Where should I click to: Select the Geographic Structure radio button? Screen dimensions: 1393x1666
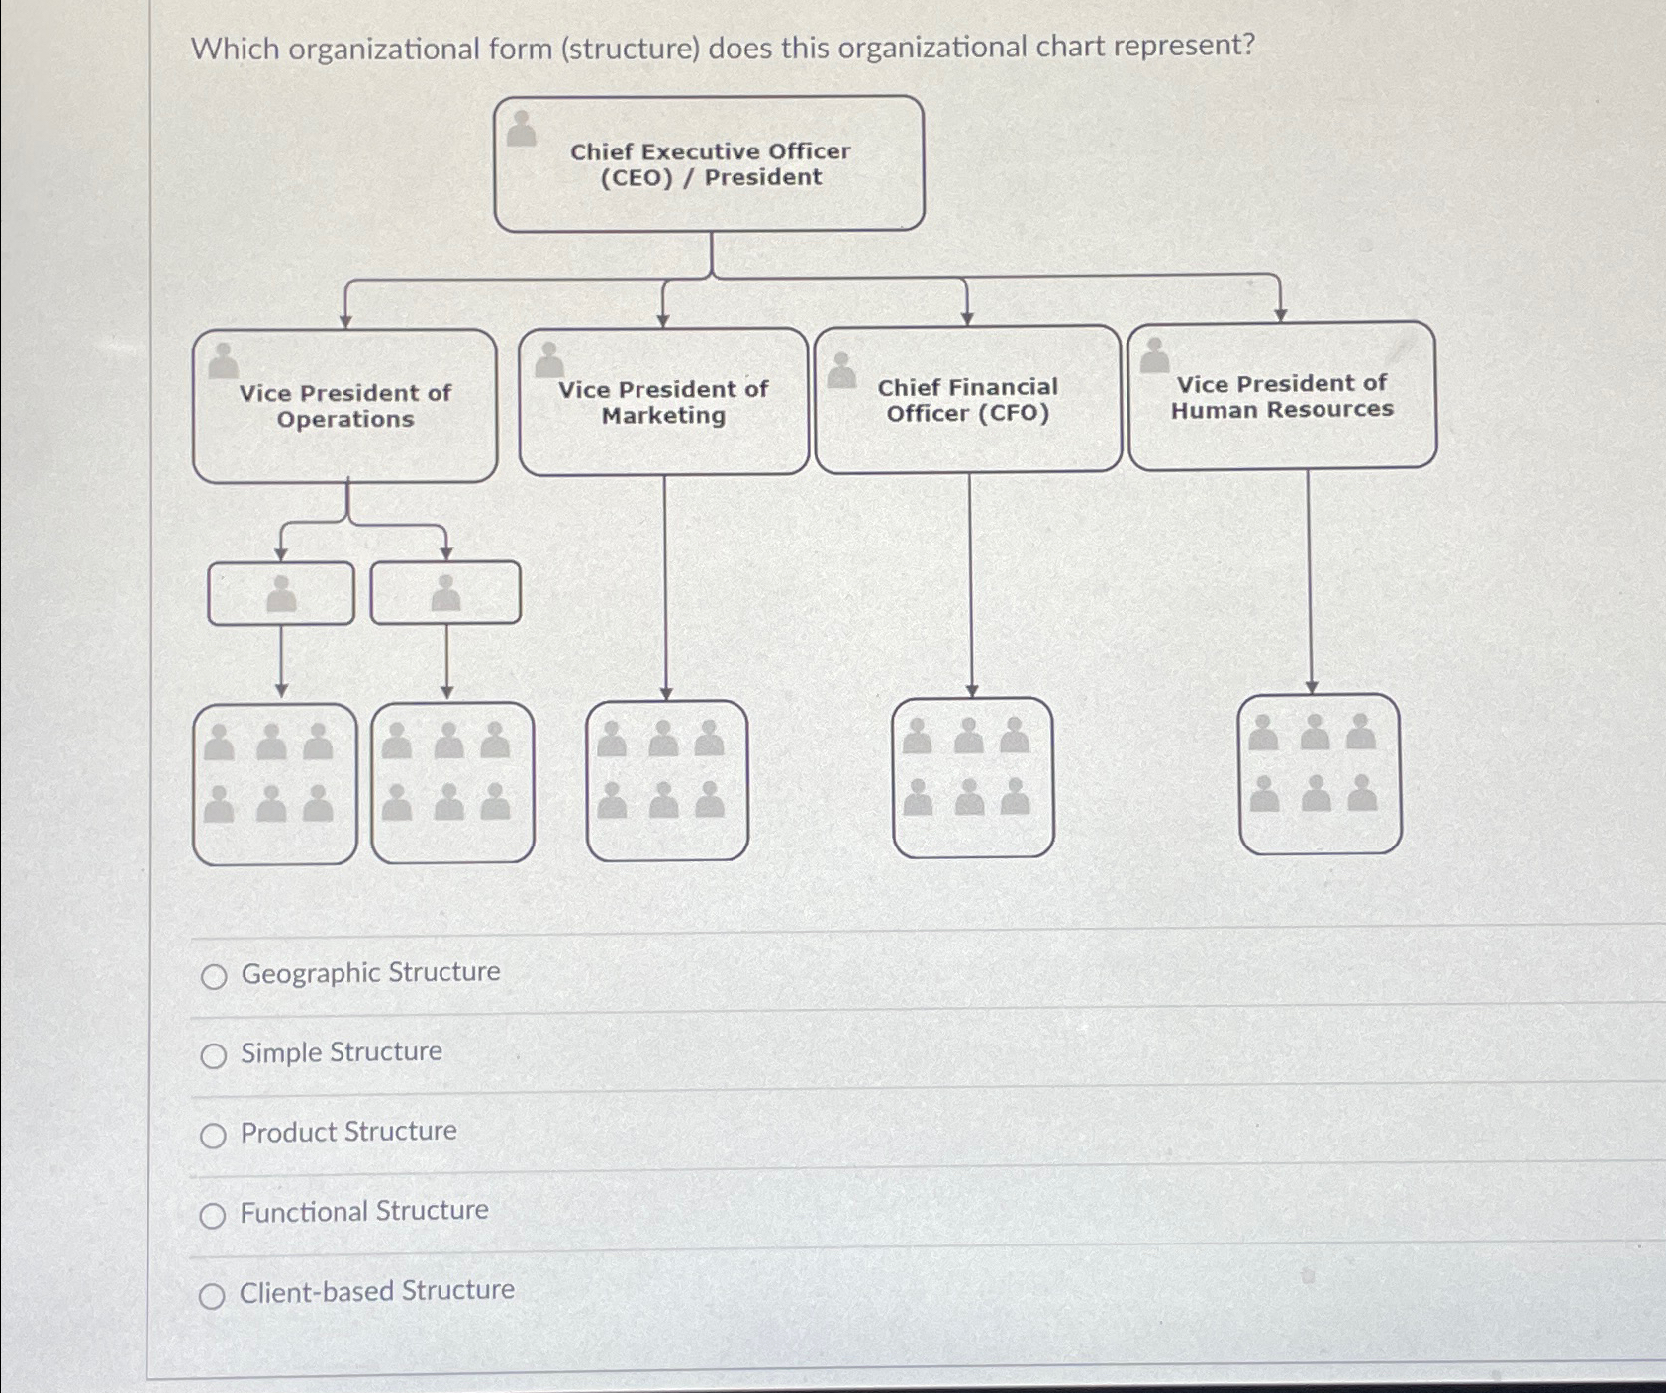214,977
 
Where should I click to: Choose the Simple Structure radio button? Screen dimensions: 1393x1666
214,1056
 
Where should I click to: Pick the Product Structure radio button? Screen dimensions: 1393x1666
213,1136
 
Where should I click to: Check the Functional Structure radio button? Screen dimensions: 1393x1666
213,1216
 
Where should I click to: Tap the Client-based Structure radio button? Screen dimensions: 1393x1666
212,1296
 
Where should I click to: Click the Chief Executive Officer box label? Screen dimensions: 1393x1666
710,164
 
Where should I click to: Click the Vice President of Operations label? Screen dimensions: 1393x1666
344,406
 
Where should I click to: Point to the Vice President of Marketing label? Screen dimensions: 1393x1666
663,402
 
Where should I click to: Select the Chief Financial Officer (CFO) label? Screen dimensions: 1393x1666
967,400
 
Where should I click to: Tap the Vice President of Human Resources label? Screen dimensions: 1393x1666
1282,396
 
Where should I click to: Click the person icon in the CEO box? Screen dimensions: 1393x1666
521,129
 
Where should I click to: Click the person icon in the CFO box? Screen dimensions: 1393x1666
840,371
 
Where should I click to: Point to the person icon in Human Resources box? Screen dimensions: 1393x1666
1154,356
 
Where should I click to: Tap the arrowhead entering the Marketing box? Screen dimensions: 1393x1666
663,320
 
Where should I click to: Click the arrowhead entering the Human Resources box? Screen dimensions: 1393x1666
1280,314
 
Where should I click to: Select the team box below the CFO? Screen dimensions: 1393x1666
972,777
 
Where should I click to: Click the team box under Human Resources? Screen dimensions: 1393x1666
1320,773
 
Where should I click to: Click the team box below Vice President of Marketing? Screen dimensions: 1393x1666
666,780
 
